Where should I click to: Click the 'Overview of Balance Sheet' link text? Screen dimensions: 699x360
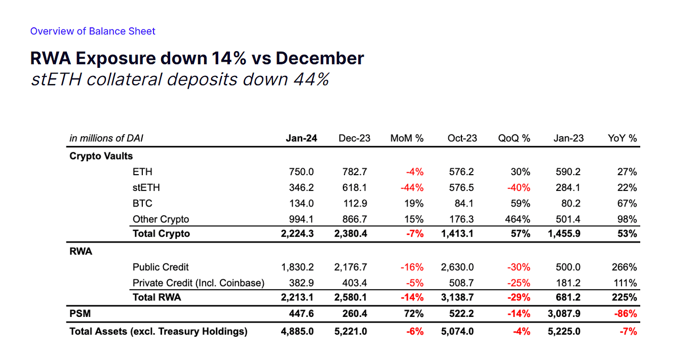click(93, 31)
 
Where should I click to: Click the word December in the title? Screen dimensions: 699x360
click(320, 58)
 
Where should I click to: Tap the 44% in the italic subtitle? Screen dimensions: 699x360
click(311, 79)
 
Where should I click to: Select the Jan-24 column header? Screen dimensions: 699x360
click(301, 138)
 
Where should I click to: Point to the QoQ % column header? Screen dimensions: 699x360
click(514, 138)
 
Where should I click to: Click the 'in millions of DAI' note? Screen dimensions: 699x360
click(106, 138)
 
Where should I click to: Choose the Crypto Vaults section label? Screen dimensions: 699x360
click(101, 156)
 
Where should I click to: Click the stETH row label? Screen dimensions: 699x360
click(146, 187)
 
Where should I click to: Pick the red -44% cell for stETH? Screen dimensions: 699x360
click(412, 187)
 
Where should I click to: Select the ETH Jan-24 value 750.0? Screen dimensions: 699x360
click(301, 172)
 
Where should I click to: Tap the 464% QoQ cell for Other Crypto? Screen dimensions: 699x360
click(517, 219)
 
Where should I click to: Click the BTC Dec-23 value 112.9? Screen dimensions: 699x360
click(355, 204)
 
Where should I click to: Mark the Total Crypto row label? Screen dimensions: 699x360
click(161, 233)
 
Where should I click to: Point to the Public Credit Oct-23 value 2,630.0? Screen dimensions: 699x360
click(457, 267)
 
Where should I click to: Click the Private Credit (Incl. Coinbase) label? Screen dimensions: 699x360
click(199, 283)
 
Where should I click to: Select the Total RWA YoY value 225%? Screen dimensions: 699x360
click(624, 297)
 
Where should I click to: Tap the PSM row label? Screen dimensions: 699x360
click(80, 313)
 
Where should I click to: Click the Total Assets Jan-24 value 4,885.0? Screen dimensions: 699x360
click(297, 331)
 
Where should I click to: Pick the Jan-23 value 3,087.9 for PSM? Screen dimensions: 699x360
click(564, 313)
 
